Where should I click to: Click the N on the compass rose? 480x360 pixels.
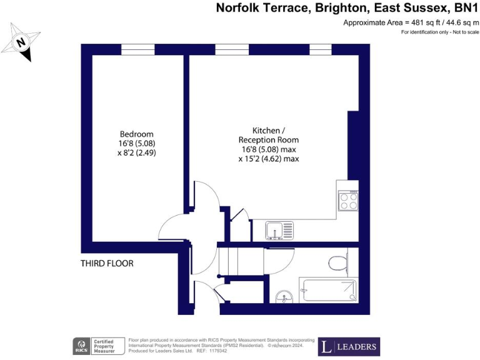pos(21,43)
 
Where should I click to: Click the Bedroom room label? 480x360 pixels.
pos(137,134)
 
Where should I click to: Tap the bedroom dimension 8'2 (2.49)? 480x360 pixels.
pos(137,152)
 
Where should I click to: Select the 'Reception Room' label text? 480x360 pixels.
pos(269,140)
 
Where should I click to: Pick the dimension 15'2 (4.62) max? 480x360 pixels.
pos(269,159)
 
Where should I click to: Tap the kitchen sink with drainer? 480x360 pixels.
pos(276,230)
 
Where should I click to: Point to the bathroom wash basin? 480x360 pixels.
pos(286,297)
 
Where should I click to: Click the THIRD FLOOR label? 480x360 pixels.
pos(107,263)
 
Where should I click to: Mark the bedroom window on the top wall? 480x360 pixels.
pos(137,49)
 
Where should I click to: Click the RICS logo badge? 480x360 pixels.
pos(81,346)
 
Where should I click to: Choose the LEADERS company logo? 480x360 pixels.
pos(349,346)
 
